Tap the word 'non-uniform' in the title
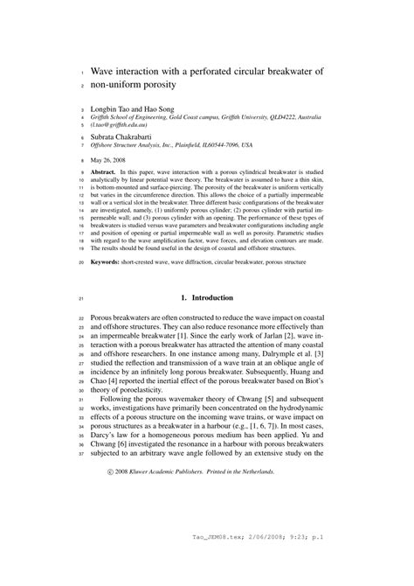[127, 87]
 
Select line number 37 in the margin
[79, 454]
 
